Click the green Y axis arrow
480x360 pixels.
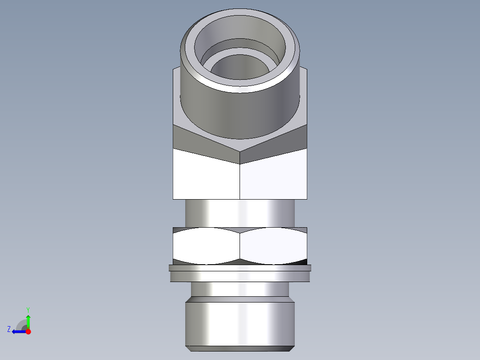tap(28, 321)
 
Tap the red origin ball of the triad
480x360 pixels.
tap(28, 331)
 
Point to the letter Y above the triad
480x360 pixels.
tap(28, 309)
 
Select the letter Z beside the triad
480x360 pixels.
tap(9, 329)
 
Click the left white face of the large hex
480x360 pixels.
tap(206, 176)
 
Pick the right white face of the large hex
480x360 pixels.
tap(273, 176)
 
